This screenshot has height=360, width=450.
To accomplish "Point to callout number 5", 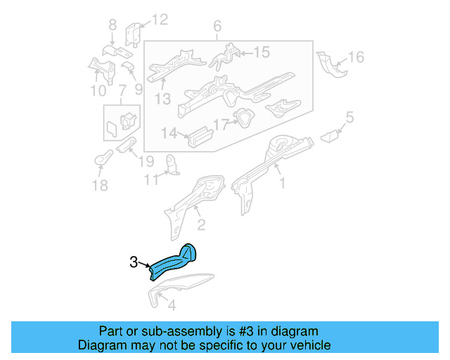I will click(x=349, y=117).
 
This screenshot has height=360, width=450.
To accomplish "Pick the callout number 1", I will click(x=283, y=184).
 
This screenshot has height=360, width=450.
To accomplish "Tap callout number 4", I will click(x=171, y=306).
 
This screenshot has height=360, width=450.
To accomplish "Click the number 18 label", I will click(x=100, y=185).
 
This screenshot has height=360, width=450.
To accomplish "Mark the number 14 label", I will click(x=169, y=133).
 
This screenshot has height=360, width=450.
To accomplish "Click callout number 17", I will click(x=221, y=126).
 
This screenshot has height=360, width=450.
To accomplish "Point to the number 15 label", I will click(x=261, y=51).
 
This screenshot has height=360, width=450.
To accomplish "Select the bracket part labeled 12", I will click(x=134, y=35).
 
